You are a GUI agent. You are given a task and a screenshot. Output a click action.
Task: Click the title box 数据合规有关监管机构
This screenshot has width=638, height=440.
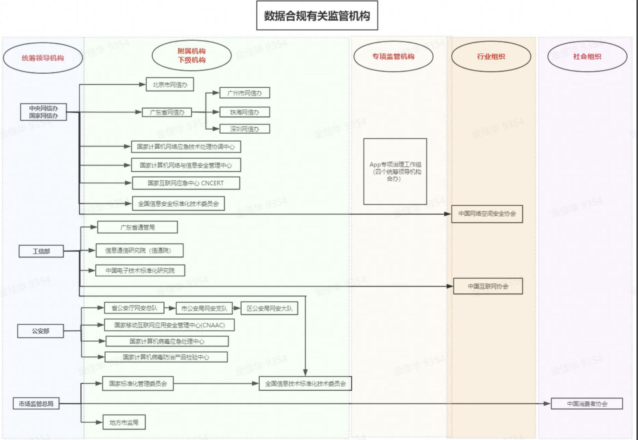pos(317,15)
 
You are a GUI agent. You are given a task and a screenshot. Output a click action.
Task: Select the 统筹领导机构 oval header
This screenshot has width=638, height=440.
pos(43,58)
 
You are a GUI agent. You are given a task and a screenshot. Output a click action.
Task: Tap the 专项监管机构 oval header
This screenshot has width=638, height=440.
pos(393,56)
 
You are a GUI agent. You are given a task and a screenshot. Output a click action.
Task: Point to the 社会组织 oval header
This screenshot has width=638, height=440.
pos(587,56)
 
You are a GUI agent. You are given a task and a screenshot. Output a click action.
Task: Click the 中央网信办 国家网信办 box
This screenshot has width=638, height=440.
pos(43,112)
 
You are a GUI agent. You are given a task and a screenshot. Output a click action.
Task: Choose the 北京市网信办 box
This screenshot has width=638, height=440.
pos(170,85)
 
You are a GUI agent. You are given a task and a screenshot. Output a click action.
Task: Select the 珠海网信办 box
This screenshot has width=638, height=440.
pos(245,112)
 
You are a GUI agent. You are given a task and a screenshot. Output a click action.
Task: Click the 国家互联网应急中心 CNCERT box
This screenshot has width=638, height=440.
pos(186,183)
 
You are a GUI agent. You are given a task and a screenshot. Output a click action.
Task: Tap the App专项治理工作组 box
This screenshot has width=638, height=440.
pos(395,171)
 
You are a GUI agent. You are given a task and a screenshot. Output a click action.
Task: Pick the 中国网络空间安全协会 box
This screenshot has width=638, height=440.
pos(487,214)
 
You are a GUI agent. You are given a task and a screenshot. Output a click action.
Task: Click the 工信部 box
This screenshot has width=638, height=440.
pos(41,251)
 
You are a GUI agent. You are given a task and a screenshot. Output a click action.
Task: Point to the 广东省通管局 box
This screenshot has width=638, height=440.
pos(137,227)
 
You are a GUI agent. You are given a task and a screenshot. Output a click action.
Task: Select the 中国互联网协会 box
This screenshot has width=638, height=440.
pos(488,286)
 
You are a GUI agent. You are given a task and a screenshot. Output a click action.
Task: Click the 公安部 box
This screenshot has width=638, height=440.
pos(41,331)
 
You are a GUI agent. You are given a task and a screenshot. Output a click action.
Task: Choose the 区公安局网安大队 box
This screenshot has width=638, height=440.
pos(269,308)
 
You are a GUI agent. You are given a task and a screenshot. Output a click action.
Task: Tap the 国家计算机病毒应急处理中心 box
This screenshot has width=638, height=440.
pos(167,341)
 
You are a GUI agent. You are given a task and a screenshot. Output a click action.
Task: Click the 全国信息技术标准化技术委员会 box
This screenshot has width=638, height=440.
pos(305,384)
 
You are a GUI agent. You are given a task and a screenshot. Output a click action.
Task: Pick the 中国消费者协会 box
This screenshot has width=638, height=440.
pos(587,404)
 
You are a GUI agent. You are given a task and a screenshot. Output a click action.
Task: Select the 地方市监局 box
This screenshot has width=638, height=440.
pos(124,422)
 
